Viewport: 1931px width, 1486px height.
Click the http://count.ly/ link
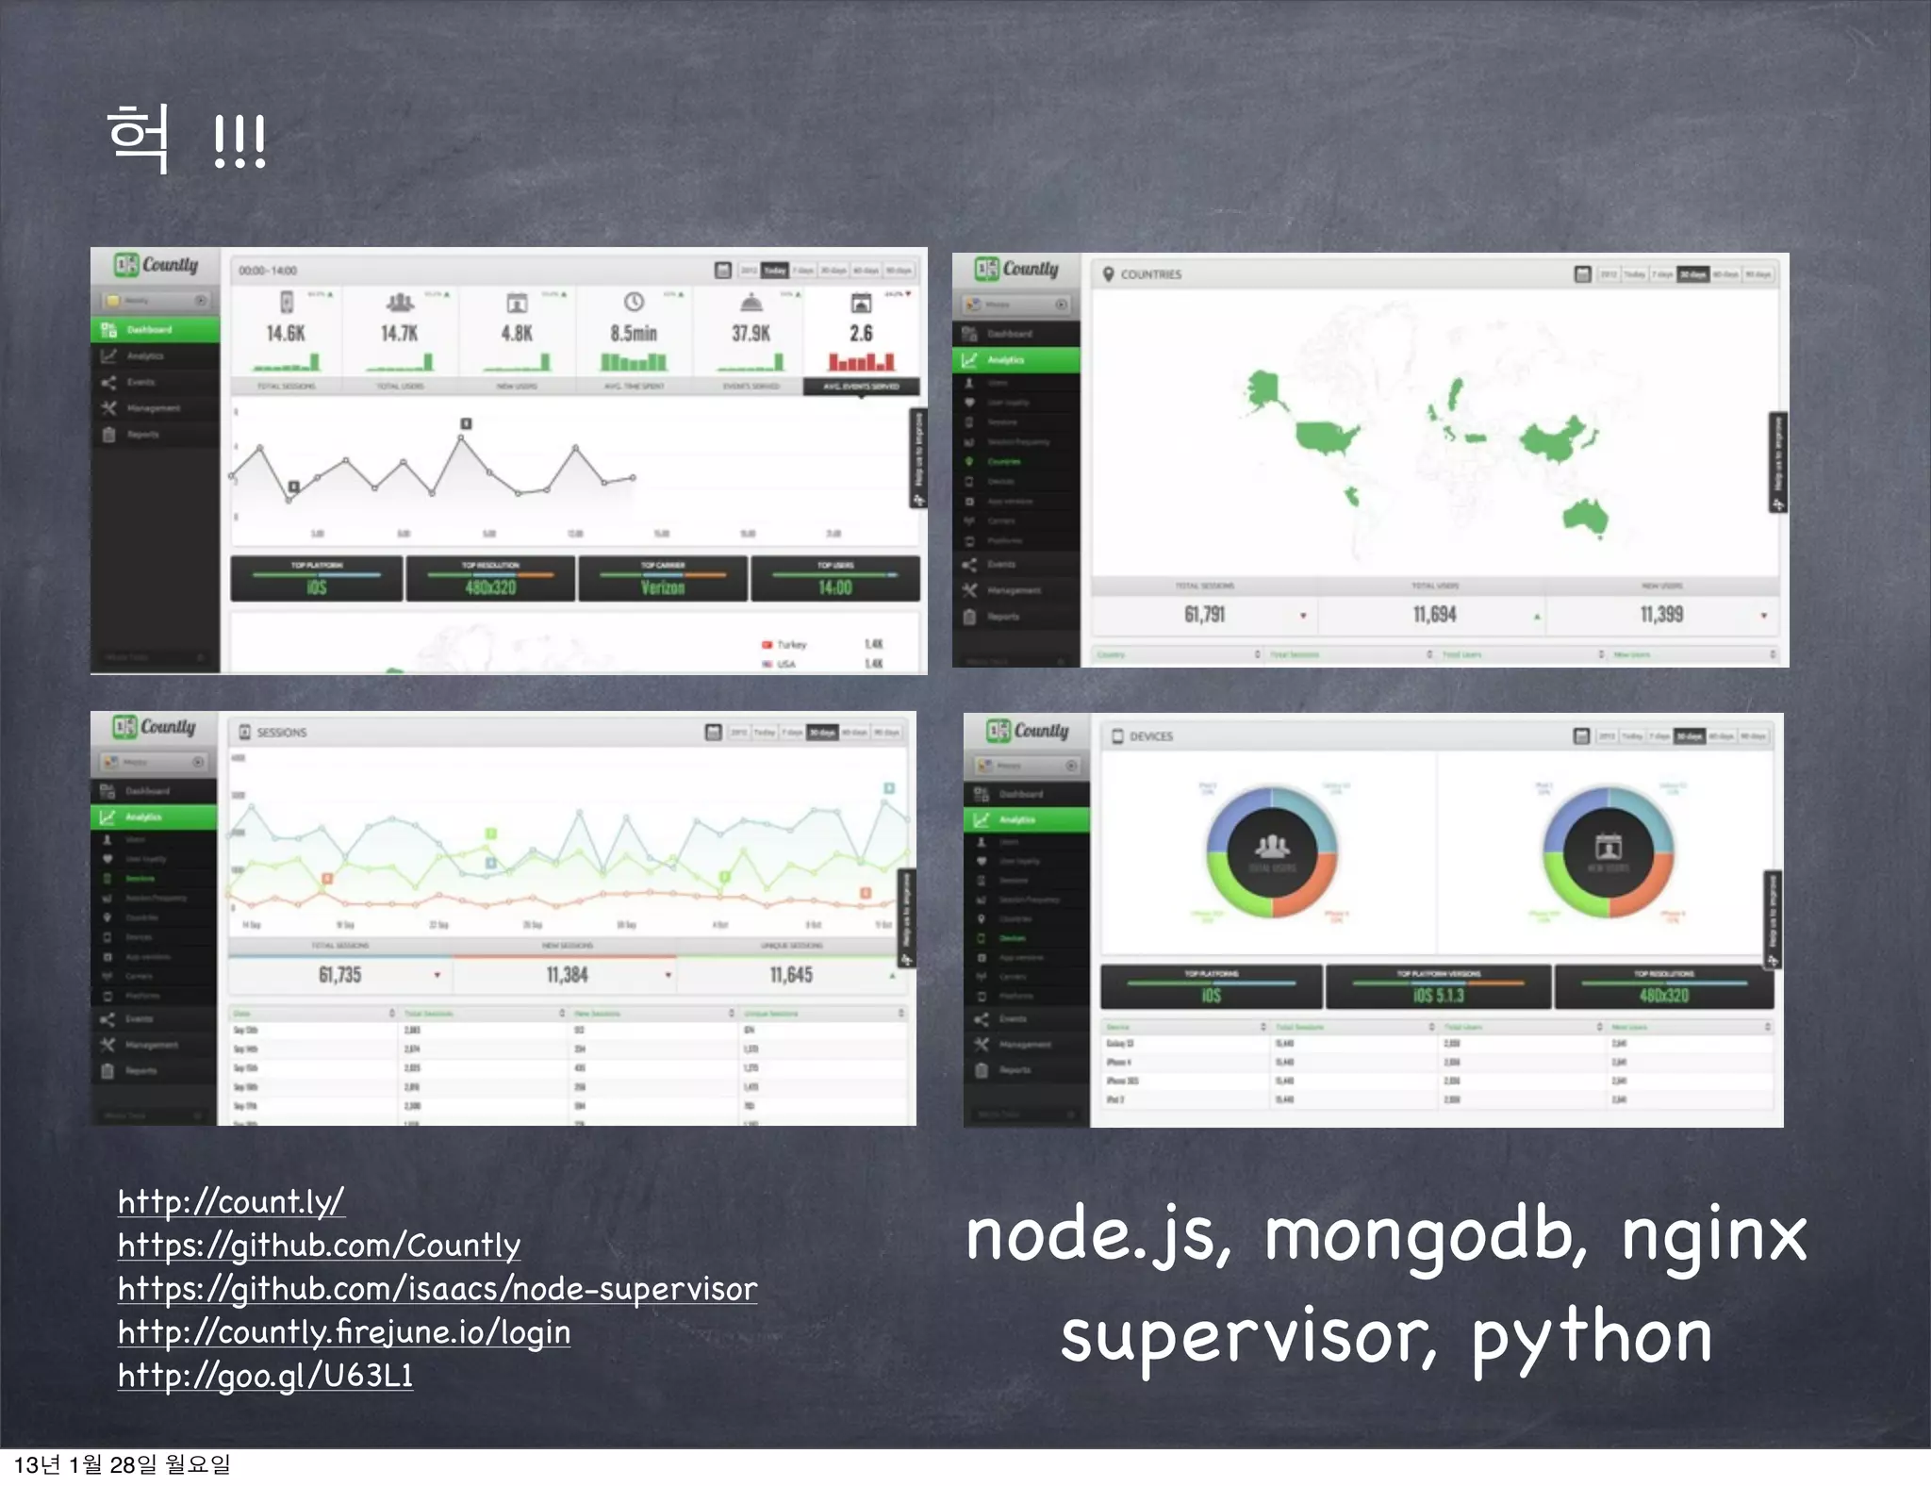tap(231, 1202)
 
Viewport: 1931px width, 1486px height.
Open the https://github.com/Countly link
tap(319, 1246)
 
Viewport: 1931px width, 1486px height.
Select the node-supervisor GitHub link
tap(437, 1289)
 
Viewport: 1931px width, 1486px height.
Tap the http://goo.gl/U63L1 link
tap(265, 1376)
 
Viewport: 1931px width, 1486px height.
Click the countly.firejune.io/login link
tap(344, 1332)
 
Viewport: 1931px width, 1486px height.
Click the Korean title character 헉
tap(140, 139)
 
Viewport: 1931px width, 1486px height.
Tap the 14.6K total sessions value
tap(286, 334)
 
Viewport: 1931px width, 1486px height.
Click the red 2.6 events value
tap(861, 334)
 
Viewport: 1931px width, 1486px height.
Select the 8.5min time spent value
tap(634, 334)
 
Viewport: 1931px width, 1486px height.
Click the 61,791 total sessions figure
tap(1205, 615)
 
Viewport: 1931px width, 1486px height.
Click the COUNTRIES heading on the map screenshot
tap(1150, 274)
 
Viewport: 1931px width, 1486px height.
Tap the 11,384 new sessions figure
tap(567, 975)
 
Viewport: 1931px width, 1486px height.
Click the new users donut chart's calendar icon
tap(1609, 845)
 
